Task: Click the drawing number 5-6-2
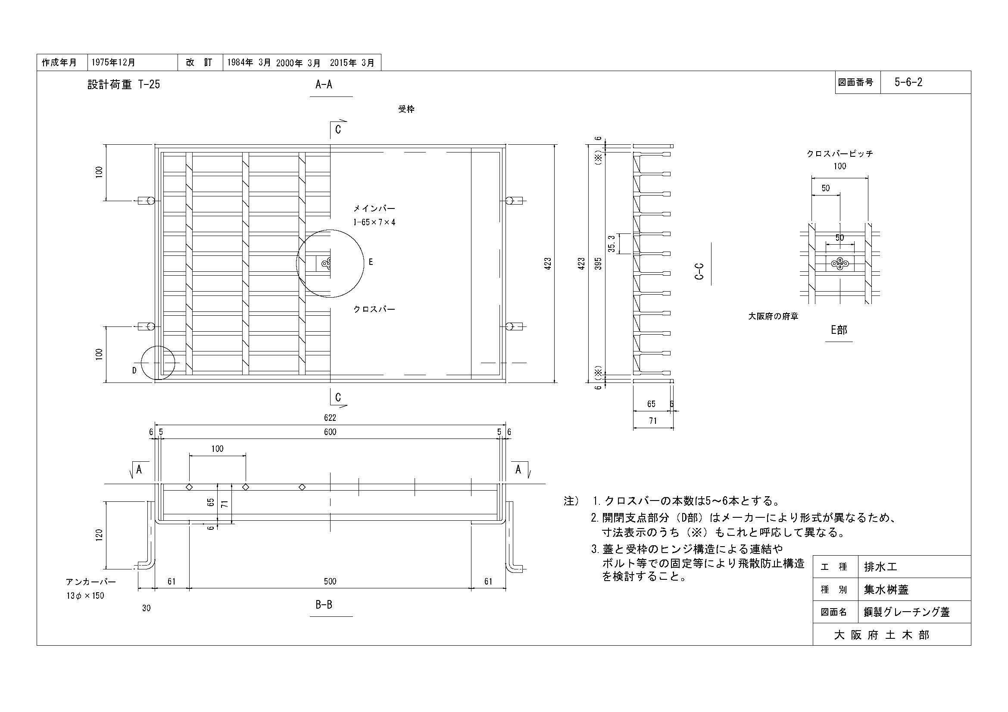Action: (908, 82)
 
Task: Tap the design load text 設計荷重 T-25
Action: (124, 84)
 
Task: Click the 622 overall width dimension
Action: (330, 418)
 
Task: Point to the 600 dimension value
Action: (330, 432)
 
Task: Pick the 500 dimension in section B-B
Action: (330, 581)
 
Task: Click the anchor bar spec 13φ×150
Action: (86, 596)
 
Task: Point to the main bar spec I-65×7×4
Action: (374, 222)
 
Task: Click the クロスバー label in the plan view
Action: (374, 309)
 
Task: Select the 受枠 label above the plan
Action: (406, 109)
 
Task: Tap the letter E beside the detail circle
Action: (371, 262)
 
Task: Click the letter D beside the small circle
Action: (134, 370)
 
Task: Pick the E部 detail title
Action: (839, 330)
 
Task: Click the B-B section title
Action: (324, 604)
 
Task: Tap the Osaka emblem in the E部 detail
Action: (840, 263)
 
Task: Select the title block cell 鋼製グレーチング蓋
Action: (907, 612)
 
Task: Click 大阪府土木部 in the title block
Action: (882, 635)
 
